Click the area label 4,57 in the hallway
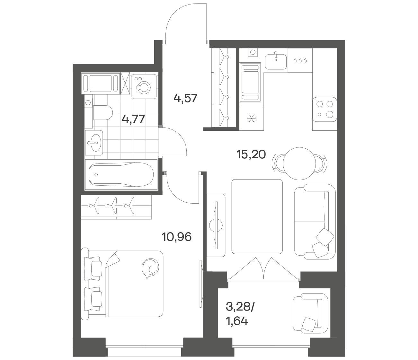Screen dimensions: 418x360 [185, 99]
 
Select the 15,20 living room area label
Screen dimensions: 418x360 [251, 155]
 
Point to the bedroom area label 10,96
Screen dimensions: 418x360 [176, 237]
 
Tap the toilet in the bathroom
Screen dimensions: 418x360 [103, 112]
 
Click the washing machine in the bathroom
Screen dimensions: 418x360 [144, 86]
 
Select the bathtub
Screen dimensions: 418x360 [121, 175]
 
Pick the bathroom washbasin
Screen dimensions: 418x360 [94, 143]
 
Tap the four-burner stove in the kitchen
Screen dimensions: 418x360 [325, 110]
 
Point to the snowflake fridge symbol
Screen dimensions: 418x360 [251, 118]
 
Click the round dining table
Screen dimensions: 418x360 [299, 163]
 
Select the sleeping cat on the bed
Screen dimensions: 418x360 [150, 268]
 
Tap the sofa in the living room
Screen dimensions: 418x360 [315, 222]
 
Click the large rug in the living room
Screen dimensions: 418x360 [257, 216]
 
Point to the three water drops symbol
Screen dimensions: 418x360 [300, 60]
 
